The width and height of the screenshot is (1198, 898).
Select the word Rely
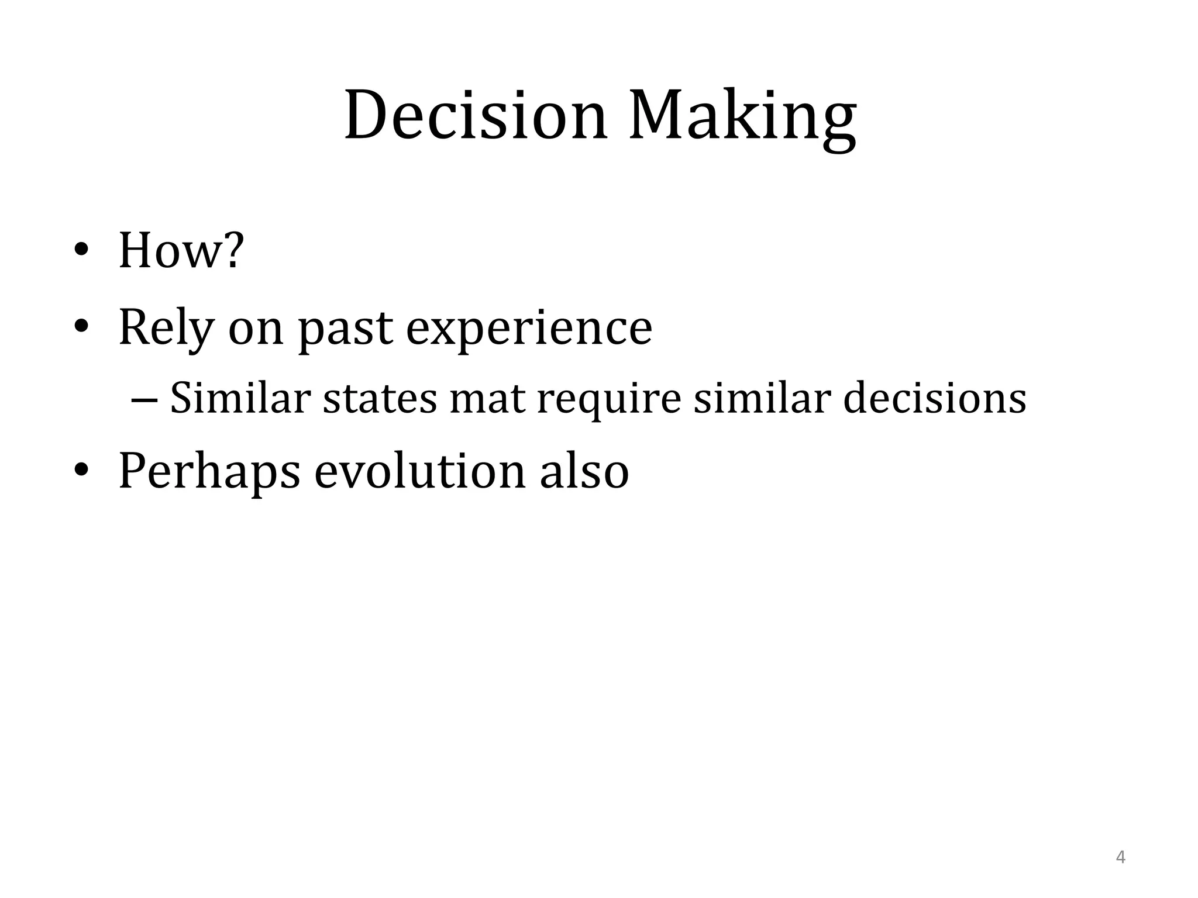point(166,329)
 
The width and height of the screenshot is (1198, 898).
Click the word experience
point(529,329)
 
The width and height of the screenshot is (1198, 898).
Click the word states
point(380,398)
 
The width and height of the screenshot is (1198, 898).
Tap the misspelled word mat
point(487,398)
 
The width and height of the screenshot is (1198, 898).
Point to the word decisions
point(935,398)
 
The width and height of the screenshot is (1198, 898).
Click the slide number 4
point(1121,858)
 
